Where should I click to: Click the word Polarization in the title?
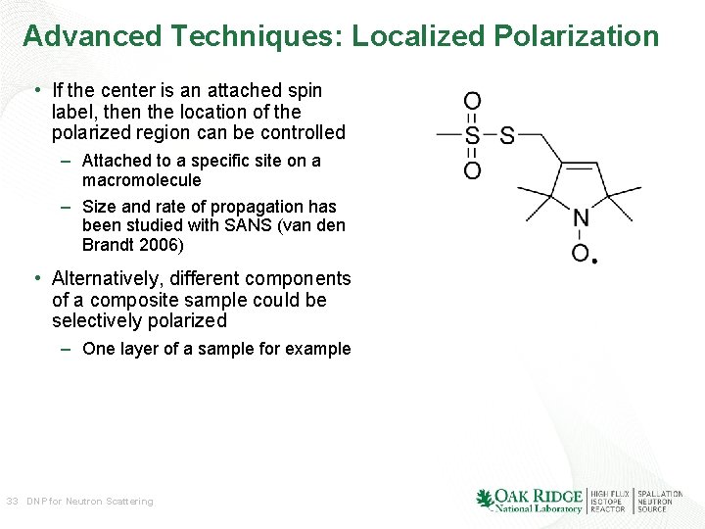577,37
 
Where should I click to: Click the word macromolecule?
141,180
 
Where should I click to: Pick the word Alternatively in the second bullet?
108,278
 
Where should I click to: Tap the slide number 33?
12,502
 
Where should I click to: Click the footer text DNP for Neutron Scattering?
90,502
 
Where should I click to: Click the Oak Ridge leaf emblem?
484,499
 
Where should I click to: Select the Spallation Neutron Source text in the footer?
660,502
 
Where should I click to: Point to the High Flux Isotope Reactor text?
609,502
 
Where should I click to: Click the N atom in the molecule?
581,218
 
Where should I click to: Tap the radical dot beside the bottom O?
594,261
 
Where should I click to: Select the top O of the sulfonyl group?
472,101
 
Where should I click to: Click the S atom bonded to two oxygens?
472,136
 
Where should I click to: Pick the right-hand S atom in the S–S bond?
507,136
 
